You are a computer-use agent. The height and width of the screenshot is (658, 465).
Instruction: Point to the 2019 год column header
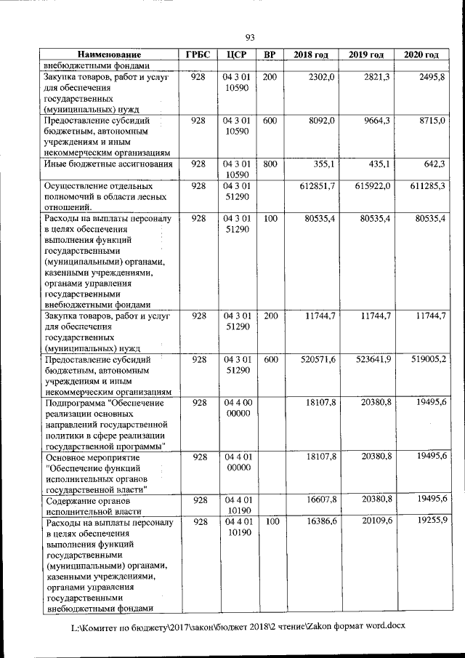point(366,55)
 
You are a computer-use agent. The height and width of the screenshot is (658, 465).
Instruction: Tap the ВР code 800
point(270,164)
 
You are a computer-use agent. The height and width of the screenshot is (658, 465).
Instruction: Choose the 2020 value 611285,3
point(424,186)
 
